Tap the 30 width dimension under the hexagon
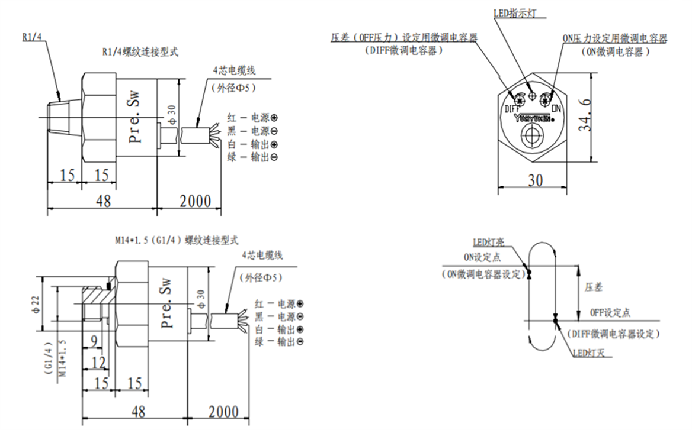coord(536,180)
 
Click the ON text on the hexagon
coord(556,109)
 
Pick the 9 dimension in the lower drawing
coord(94,341)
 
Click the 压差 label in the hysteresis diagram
coord(594,287)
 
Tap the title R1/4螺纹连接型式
coord(140,52)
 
